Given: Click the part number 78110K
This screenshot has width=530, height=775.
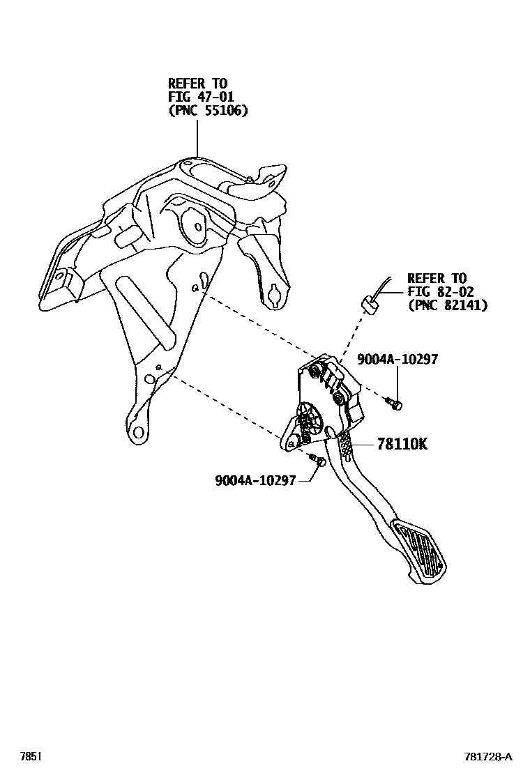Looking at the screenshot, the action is [402, 443].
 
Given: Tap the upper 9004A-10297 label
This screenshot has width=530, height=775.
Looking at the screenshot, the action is [397, 359].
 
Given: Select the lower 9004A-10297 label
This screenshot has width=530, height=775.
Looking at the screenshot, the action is [256, 479].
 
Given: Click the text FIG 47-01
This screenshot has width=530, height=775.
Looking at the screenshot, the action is [198, 97].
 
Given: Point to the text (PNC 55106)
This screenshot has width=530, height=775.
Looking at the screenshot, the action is [208, 110].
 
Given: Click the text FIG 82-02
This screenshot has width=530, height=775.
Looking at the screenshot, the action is [437, 291].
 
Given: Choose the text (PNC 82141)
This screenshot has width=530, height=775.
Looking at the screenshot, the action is [447, 305].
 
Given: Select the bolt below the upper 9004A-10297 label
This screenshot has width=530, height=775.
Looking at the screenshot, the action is [395, 402].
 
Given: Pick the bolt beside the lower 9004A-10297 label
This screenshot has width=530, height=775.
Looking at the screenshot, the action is [318, 461].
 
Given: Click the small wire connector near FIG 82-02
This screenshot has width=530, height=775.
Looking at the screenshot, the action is [368, 302].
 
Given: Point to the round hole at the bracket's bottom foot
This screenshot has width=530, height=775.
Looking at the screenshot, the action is [139, 433].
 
